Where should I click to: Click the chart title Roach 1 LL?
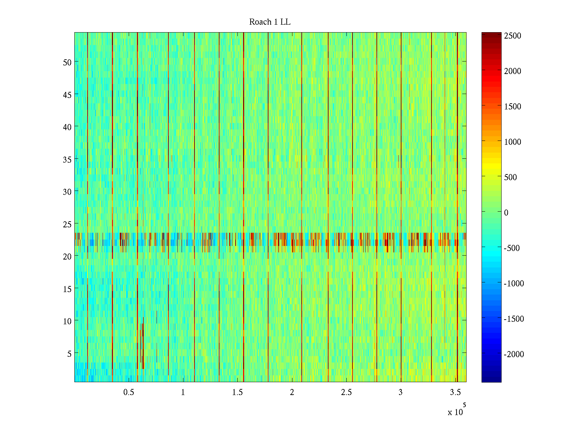[270, 22]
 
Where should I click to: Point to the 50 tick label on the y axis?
[67, 62]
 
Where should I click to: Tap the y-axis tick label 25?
[67, 224]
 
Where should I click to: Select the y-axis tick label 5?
[69, 354]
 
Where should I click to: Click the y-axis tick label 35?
[67, 159]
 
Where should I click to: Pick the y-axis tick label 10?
[67, 321]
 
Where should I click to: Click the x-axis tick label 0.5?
[129, 393]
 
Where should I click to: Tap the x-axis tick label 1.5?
[237, 393]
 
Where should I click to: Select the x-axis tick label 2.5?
[346, 393]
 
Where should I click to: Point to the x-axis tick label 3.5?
[455, 393]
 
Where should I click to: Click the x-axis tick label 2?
[292, 393]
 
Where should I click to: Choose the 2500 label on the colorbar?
[512, 36]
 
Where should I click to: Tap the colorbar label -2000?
[514, 354]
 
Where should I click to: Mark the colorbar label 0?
[506, 213]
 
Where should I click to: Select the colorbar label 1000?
[512, 142]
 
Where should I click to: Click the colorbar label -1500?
[514, 319]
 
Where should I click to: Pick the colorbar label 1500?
[512, 107]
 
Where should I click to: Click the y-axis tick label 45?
[67, 95]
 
